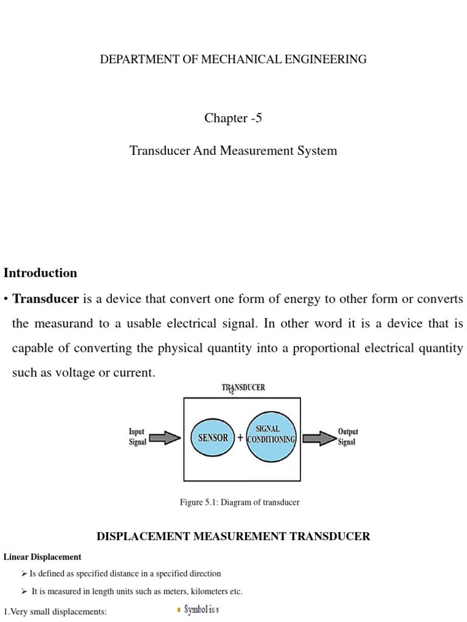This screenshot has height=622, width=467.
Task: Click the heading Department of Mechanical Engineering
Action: point(233,60)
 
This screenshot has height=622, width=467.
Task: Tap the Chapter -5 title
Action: point(233,118)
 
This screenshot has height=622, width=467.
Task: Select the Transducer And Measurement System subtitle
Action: point(233,151)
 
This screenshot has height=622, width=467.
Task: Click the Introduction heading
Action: point(41,273)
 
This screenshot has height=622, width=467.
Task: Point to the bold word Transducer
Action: point(46,299)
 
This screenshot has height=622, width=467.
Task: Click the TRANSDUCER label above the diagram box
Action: point(243,387)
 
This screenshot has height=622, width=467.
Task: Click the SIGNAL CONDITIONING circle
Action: point(271,435)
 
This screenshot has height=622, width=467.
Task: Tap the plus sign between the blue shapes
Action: point(240,438)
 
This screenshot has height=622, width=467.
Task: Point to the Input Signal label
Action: point(137,437)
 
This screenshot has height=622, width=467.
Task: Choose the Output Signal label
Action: point(348,437)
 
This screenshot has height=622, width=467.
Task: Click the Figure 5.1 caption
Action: point(240,502)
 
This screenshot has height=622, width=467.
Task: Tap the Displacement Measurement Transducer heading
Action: point(233,536)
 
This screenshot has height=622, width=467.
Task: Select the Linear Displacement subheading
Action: point(43,556)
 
